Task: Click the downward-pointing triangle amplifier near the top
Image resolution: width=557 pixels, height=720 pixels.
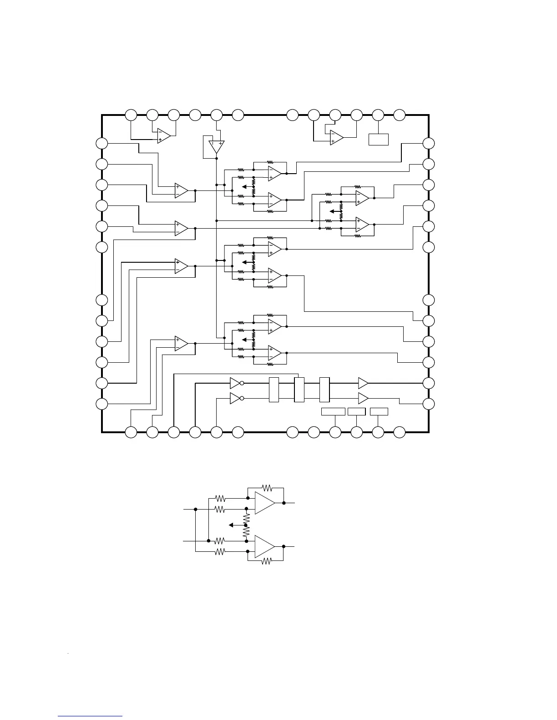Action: tap(216, 147)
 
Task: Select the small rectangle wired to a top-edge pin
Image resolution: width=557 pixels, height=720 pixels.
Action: tap(378, 139)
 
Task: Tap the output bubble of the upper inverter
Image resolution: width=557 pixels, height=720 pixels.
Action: tap(242, 383)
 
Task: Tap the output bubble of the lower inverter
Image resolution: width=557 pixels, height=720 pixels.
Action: tap(242, 399)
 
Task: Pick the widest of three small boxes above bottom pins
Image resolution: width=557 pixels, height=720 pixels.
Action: tap(333, 411)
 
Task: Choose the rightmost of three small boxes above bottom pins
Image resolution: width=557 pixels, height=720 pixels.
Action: tap(379, 411)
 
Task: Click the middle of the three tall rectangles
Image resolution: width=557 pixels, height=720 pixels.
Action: tap(299, 390)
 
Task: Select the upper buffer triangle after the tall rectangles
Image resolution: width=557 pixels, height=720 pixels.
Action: tap(363, 383)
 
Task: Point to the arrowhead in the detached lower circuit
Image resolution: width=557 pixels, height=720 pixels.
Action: tap(231, 525)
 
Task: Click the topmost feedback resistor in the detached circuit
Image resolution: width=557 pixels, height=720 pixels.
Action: tap(266, 488)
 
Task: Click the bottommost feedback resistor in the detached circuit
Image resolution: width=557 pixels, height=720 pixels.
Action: tap(266, 561)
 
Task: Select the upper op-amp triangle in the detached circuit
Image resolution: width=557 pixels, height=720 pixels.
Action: tap(264, 503)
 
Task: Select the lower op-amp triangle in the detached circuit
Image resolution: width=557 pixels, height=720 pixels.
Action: tap(264, 546)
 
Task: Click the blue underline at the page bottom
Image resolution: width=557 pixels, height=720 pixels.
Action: tap(90, 716)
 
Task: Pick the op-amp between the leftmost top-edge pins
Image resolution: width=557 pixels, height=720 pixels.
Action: tap(163, 135)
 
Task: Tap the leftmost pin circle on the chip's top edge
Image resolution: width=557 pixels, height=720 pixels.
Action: tap(131, 115)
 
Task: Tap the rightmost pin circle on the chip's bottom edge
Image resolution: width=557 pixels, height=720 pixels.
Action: tap(399, 432)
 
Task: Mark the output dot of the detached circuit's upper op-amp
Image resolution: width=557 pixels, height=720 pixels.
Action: tap(284, 503)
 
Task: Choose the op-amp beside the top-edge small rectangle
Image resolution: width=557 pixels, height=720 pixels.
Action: tap(336, 138)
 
